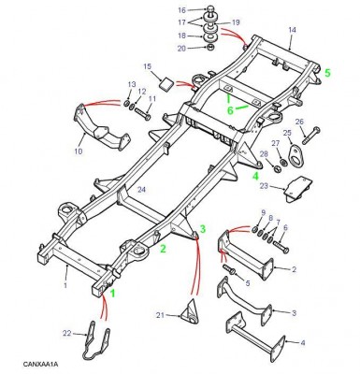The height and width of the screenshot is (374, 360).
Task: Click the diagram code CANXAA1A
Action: (x=40, y=364)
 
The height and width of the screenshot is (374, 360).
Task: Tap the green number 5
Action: (x=327, y=73)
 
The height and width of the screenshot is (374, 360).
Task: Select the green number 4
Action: (x=255, y=176)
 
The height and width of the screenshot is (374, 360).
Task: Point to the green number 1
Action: (x=113, y=294)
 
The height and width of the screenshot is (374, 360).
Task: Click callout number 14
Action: (x=292, y=30)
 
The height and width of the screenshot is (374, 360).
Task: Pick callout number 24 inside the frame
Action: (x=142, y=189)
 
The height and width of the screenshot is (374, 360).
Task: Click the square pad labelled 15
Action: (x=166, y=84)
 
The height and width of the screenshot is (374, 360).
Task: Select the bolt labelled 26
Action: (x=310, y=136)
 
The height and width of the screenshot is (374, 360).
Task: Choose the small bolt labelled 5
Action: (x=230, y=270)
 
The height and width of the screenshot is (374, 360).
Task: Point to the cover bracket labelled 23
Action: (x=297, y=189)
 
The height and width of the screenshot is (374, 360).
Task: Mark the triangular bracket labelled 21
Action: (x=190, y=311)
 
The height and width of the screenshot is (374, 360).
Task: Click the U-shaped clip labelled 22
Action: (x=96, y=341)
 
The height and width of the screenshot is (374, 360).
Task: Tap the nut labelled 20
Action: (x=210, y=48)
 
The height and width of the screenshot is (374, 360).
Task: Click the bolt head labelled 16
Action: (x=210, y=9)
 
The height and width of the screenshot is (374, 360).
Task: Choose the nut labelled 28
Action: (x=277, y=169)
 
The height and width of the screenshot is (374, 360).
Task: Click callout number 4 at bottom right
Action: (x=303, y=343)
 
